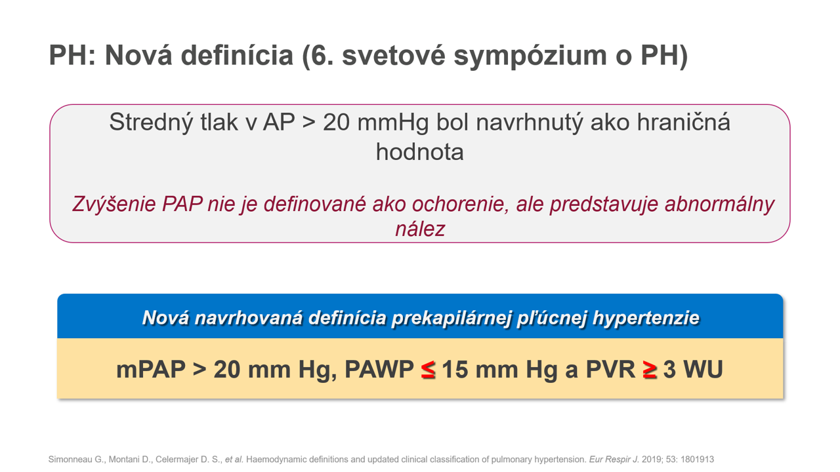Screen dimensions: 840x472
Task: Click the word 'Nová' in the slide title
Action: (x=138, y=56)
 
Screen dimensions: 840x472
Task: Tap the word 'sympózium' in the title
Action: (x=530, y=56)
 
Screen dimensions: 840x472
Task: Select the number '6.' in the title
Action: (x=322, y=56)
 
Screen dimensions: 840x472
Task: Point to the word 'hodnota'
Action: (x=419, y=152)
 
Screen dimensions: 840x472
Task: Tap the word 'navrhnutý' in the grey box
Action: (x=529, y=123)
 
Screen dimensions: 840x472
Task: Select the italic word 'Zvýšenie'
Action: (x=114, y=205)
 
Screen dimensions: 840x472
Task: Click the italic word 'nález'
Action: (x=420, y=229)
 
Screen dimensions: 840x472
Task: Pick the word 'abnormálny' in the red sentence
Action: (x=719, y=205)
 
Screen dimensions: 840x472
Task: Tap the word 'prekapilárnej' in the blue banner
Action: (x=451, y=318)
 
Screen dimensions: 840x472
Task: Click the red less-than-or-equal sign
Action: (x=428, y=370)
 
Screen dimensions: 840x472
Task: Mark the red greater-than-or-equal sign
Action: (x=650, y=370)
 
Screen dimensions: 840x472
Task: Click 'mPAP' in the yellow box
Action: (x=151, y=370)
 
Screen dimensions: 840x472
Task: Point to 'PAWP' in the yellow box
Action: (x=379, y=369)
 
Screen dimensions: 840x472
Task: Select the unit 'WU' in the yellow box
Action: (x=703, y=369)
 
